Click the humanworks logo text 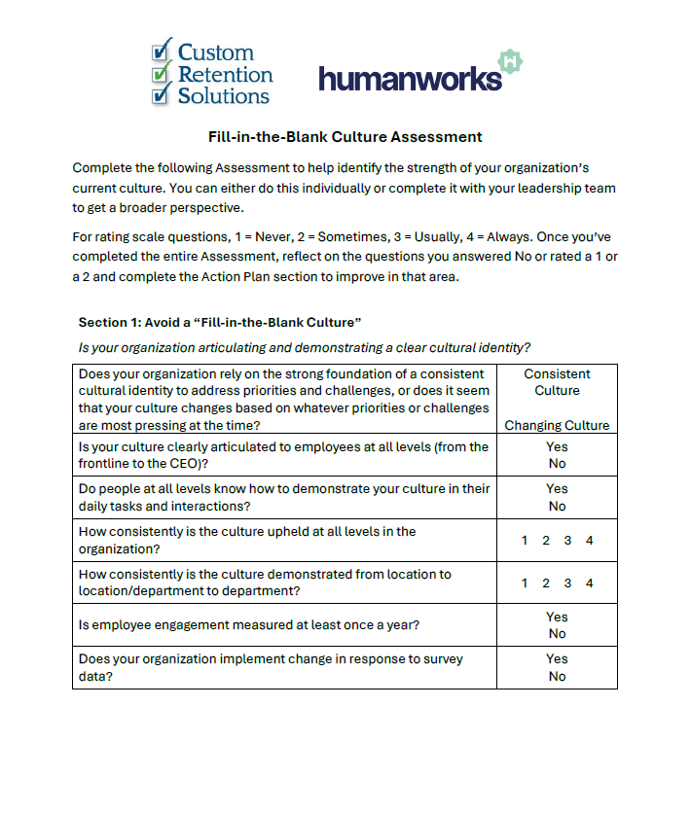(x=410, y=79)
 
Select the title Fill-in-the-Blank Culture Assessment (x=345, y=137)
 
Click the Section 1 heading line (x=220, y=322)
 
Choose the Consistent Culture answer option (x=557, y=382)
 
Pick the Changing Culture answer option (x=557, y=425)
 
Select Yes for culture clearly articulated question (x=557, y=447)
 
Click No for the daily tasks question (x=557, y=506)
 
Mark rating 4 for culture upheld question (x=589, y=541)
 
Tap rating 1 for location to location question (x=525, y=583)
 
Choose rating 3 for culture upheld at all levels (x=567, y=541)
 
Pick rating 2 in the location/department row (x=546, y=583)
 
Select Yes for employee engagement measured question (x=557, y=617)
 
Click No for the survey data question (x=557, y=676)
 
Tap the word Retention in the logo (x=225, y=74)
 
